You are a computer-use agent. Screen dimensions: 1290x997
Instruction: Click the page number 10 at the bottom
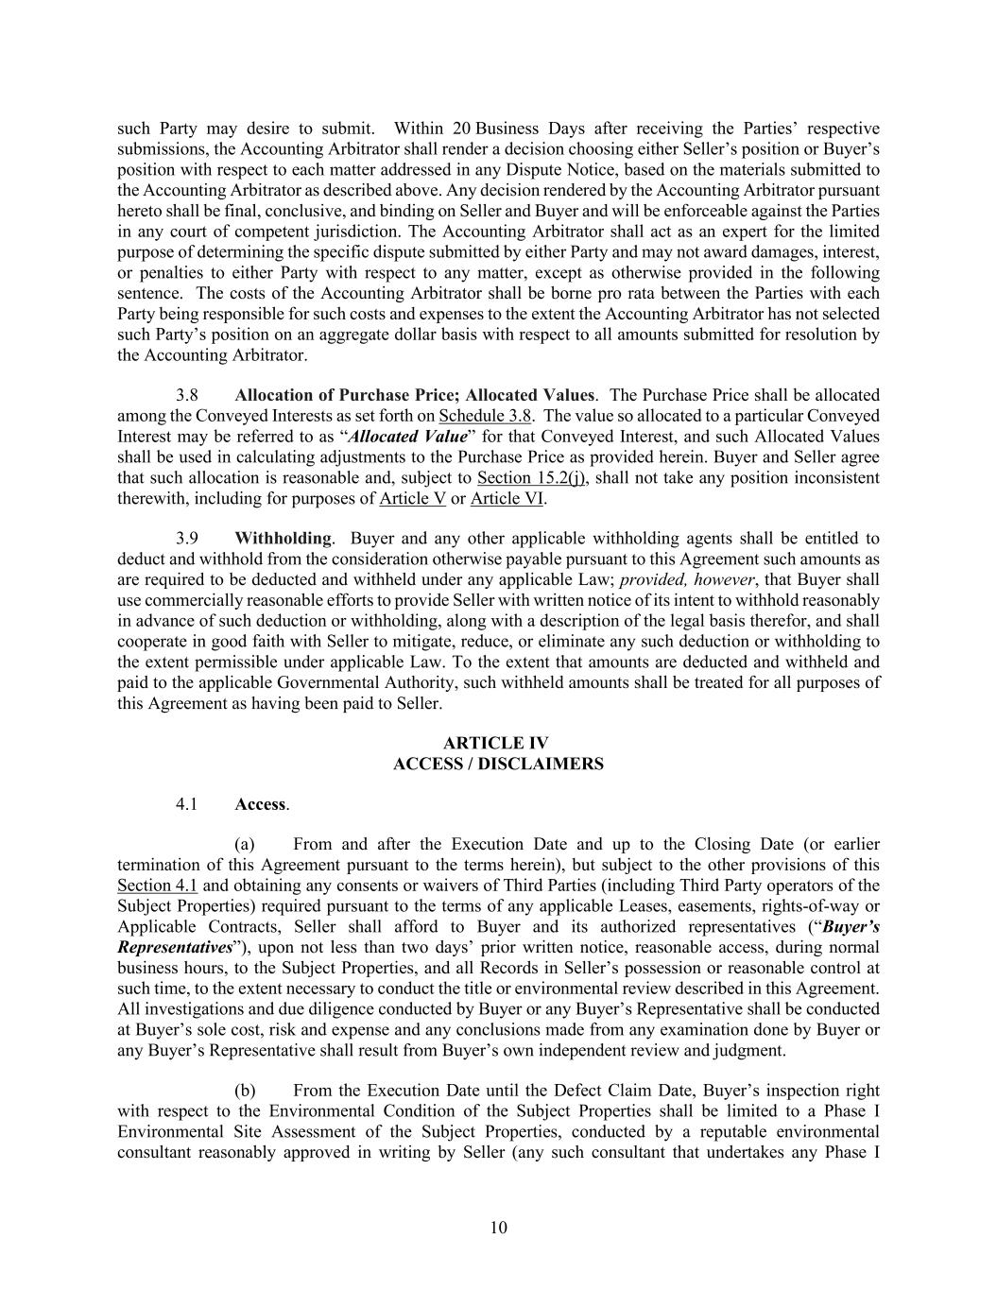pos(499,1228)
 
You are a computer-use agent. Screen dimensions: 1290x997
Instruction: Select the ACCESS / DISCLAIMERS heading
pos(498,765)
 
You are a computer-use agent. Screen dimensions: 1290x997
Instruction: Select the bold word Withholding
pos(283,539)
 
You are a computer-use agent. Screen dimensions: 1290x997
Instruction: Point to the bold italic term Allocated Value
pos(408,437)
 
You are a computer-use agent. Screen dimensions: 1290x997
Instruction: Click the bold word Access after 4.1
pos(260,804)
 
